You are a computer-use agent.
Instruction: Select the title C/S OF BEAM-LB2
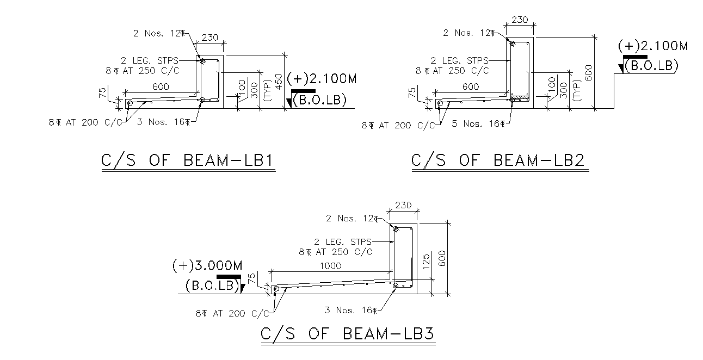pyautogui.click(x=498, y=161)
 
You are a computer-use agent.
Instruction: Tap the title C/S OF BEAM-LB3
pyautogui.click(x=347, y=333)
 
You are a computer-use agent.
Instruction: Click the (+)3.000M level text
pyautogui.click(x=207, y=266)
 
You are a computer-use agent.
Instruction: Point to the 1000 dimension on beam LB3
pyautogui.click(x=331, y=266)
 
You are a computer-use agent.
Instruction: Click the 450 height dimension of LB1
pyautogui.click(x=279, y=80)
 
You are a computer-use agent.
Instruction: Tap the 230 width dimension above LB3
pyautogui.click(x=403, y=206)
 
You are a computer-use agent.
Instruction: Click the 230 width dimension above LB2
pyautogui.click(x=520, y=20)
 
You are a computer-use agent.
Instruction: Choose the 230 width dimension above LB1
pyautogui.click(x=210, y=38)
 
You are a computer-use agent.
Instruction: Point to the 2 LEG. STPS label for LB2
pyautogui.click(x=459, y=60)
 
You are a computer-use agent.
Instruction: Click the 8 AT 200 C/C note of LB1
pyautogui.click(x=84, y=122)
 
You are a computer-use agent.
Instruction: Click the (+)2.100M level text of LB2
pyautogui.click(x=653, y=46)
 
